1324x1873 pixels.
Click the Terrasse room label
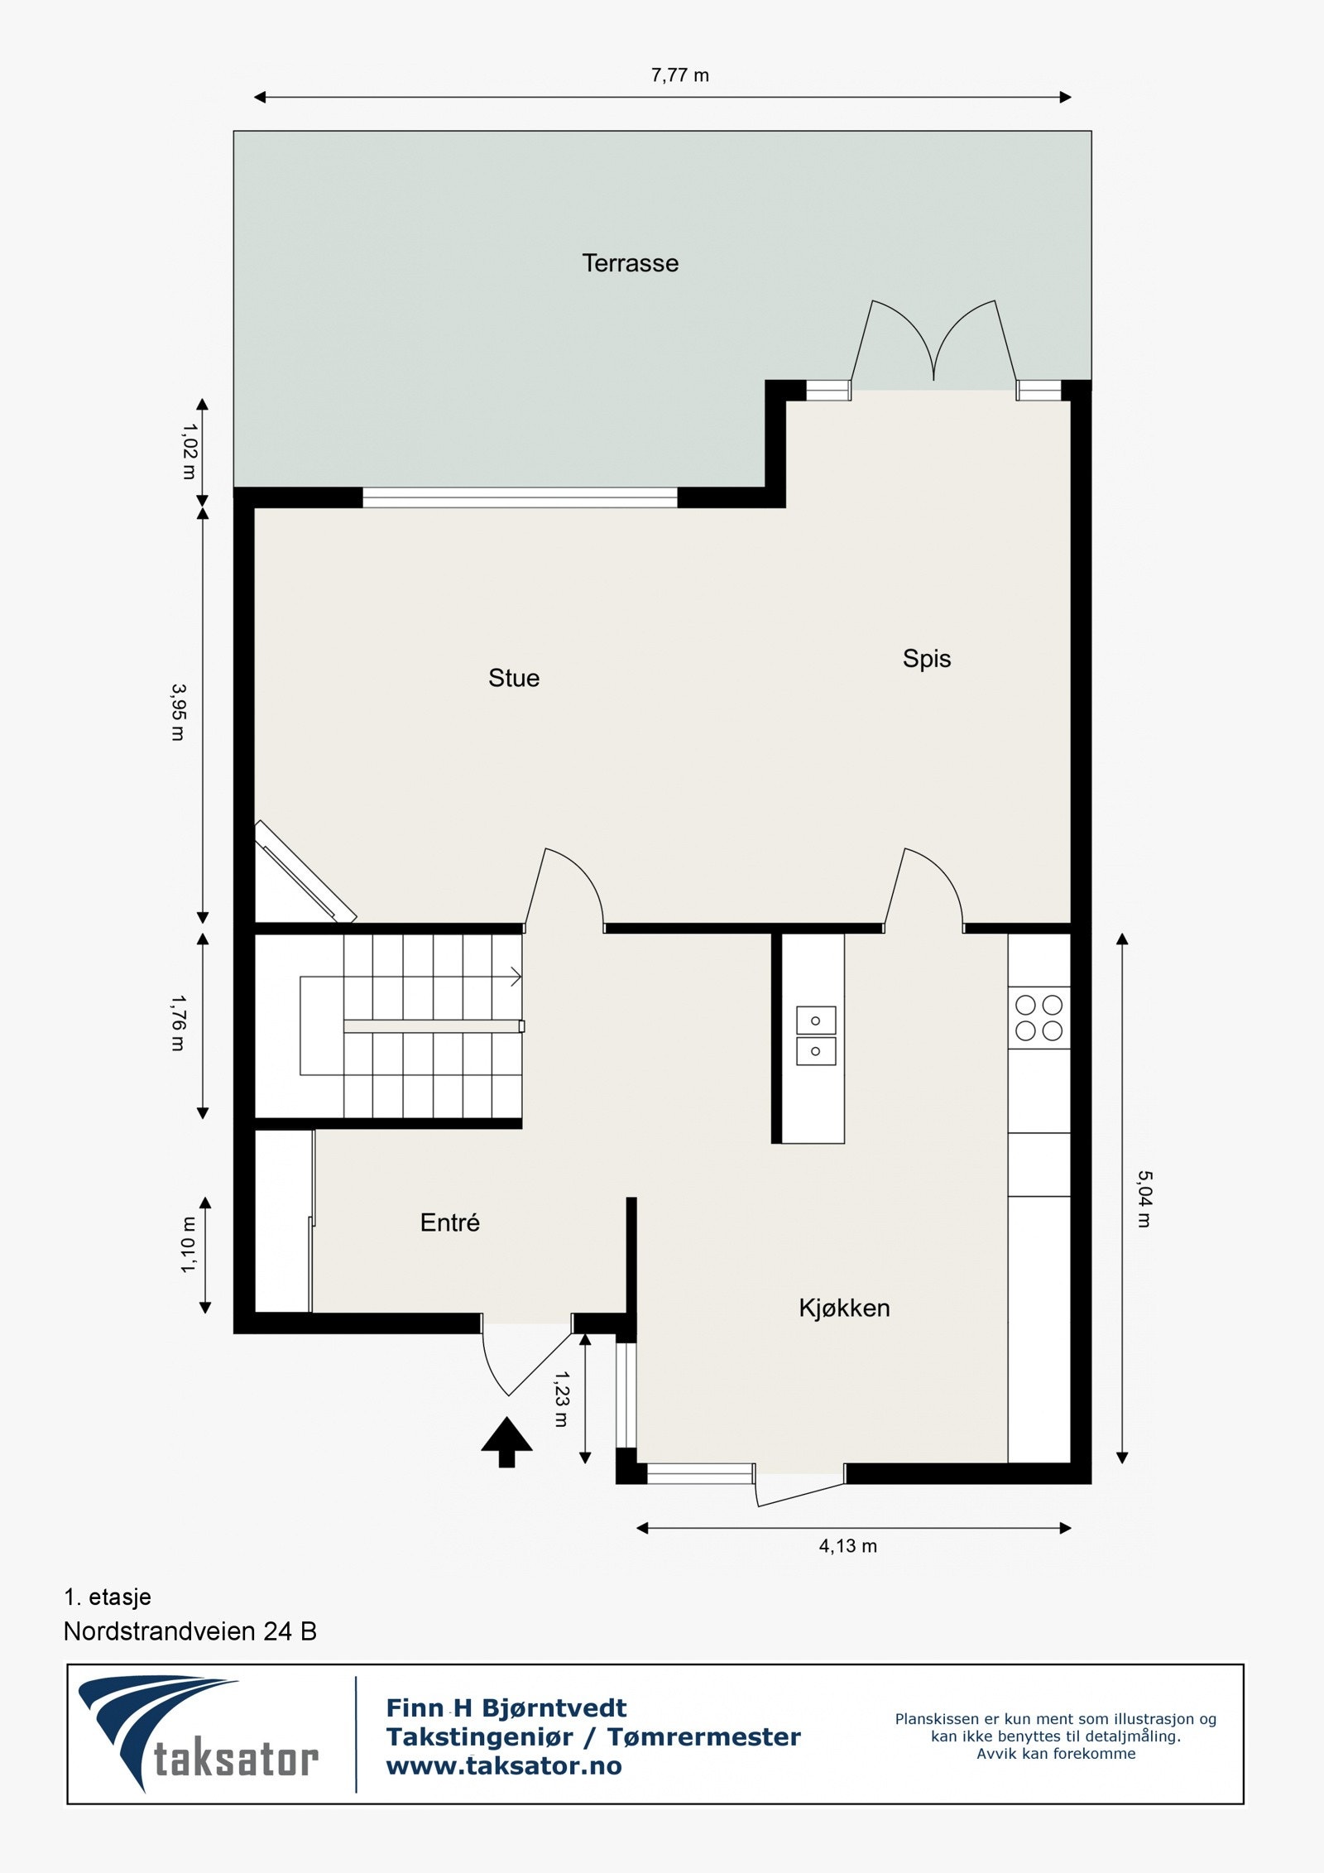click(x=630, y=263)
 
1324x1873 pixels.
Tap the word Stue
click(x=514, y=678)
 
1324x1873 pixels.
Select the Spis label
click(x=926, y=658)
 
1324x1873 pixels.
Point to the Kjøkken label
click(x=844, y=1308)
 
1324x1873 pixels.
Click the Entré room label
click(x=449, y=1222)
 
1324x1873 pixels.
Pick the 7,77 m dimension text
click(x=679, y=75)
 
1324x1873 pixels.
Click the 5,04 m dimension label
click(x=1144, y=1198)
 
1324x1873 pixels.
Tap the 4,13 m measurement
click(x=847, y=1546)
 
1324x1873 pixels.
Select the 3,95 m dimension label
click(x=178, y=712)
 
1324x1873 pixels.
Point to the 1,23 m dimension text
click(x=561, y=1398)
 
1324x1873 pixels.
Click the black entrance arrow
click(x=506, y=1443)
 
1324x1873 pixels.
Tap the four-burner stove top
click(x=1039, y=1018)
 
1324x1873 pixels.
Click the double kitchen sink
click(x=815, y=1035)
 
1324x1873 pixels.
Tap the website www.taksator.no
click(x=503, y=1765)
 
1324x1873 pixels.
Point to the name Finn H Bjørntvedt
click(x=506, y=1707)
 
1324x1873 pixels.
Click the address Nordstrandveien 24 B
click(x=190, y=1631)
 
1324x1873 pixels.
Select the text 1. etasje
click(x=108, y=1597)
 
